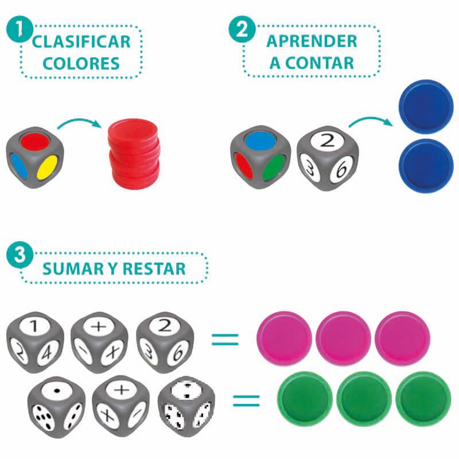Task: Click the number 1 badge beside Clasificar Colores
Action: (18, 29)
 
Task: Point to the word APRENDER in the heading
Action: (312, 41)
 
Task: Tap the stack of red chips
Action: (134, 155)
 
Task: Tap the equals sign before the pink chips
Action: (224, 338)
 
